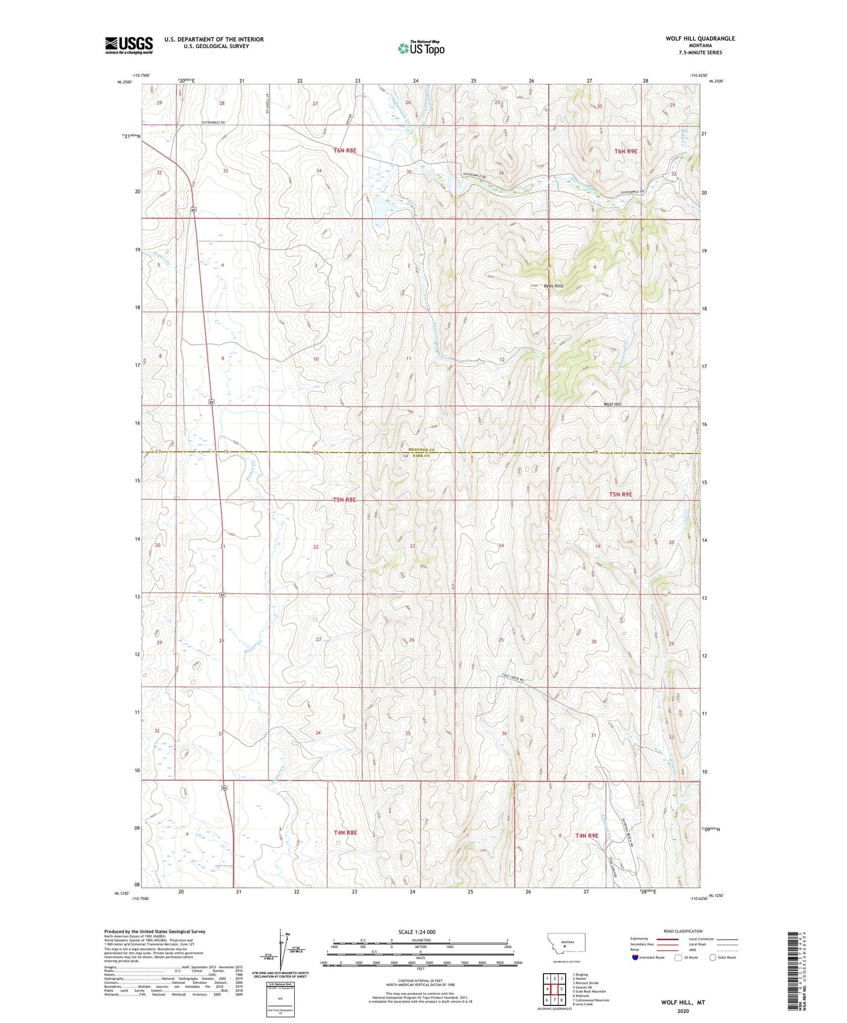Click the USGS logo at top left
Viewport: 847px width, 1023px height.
pos(129,45)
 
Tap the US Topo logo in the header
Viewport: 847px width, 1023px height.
pos(420,49)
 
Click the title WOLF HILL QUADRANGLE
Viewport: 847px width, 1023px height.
pos(700,39)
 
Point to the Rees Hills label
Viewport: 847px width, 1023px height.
pos(553,286)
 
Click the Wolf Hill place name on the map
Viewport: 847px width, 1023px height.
pos(612,404)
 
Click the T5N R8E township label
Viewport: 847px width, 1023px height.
pos(344,500)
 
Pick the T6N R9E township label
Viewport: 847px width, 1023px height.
pos(625,151)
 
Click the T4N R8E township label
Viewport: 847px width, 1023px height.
pos(345,833)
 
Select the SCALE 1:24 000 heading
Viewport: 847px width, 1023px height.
pos(417,932)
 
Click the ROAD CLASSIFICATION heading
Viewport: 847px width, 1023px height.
pos(683,931)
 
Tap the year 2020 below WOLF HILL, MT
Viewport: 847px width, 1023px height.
pos(683,1011)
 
